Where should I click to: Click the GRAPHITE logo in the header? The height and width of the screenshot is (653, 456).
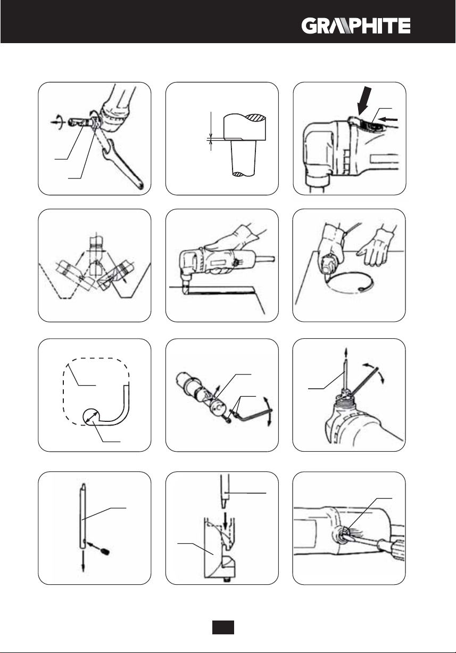tap(356, 26)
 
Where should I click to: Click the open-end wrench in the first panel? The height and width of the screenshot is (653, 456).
tap(122, 162)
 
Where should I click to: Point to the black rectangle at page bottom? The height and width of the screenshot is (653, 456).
tap(223, 627)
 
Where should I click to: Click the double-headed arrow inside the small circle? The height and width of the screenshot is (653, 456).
tap(92, 417)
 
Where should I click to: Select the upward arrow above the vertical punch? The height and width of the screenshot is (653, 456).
tap(346, 353)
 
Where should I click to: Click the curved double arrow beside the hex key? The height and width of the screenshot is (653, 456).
tap(269, 411)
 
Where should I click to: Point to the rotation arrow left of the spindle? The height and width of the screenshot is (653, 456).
tap(57, 122)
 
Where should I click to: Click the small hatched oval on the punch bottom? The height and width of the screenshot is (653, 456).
tap(238, 174)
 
